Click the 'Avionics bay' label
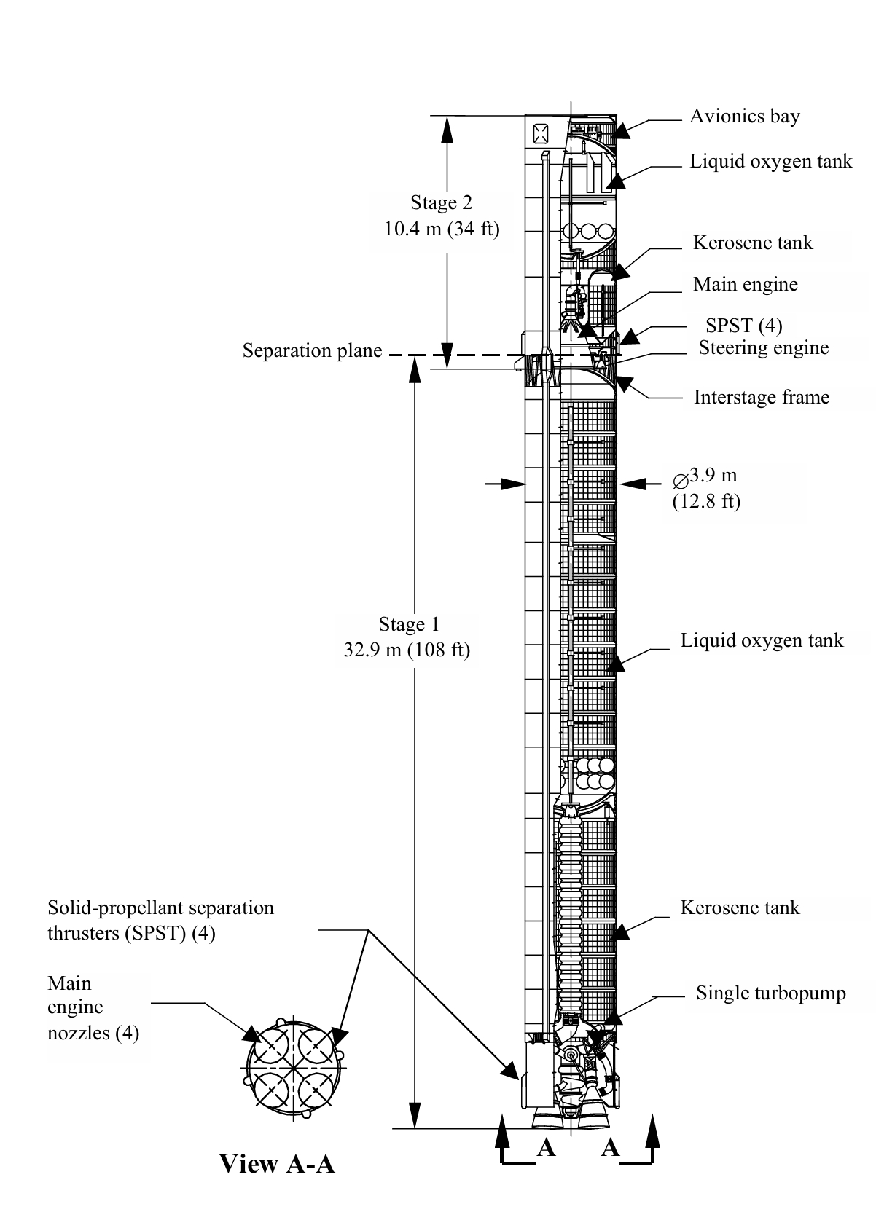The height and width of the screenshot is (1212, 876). [x=744, y=117]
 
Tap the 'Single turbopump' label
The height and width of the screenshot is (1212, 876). [x=770, y=993]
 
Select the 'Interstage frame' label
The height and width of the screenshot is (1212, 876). [x=761, y=397]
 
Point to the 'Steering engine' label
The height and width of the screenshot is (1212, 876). [x=763, y=347]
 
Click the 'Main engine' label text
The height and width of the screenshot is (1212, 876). [x=745, y=284]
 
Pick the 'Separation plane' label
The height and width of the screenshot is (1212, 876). [x=312, y=351]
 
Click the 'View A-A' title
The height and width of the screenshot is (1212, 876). [x=277, y=1164]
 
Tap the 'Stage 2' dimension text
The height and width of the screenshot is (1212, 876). [x=442, y=202]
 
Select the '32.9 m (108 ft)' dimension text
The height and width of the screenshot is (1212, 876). [x=407, y=650]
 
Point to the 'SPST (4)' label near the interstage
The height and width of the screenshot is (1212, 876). [x=743, y=326]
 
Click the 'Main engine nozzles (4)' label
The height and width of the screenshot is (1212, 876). [x=93, y=1008]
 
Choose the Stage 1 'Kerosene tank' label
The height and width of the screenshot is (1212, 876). [x=740, y=908]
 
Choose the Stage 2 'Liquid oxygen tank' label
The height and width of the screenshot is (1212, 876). [x=770, y=161]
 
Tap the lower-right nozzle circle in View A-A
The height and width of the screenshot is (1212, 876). [x=316, y=1090]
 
